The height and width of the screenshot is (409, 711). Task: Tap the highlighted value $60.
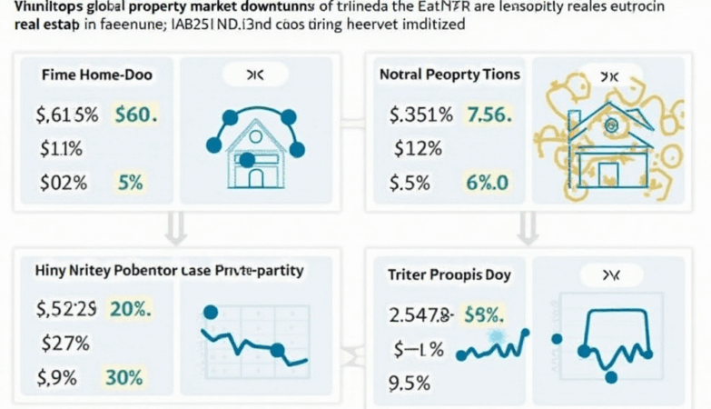pyautogui.click(x=136, y=115)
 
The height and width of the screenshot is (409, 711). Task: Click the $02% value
pyautogui.click(x=64, y=182)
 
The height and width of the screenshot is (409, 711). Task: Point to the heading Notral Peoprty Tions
pyautogui.click(x=449, y=75)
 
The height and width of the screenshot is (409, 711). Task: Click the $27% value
pyautogui.click(x=64, y=344)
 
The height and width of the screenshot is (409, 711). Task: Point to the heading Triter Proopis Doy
pyautogui.click(x=449, y=274)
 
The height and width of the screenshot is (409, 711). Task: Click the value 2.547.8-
pyautogui.click(x=420, y=314)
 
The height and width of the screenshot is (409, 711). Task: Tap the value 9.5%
pyautogui.click(x=409, y=384)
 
